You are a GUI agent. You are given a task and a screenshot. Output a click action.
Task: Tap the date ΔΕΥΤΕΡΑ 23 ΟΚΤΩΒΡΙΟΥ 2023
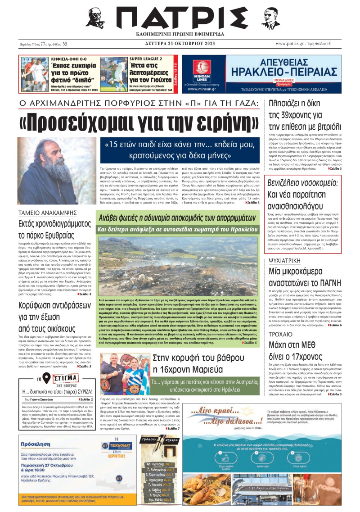tap(180, 44)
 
